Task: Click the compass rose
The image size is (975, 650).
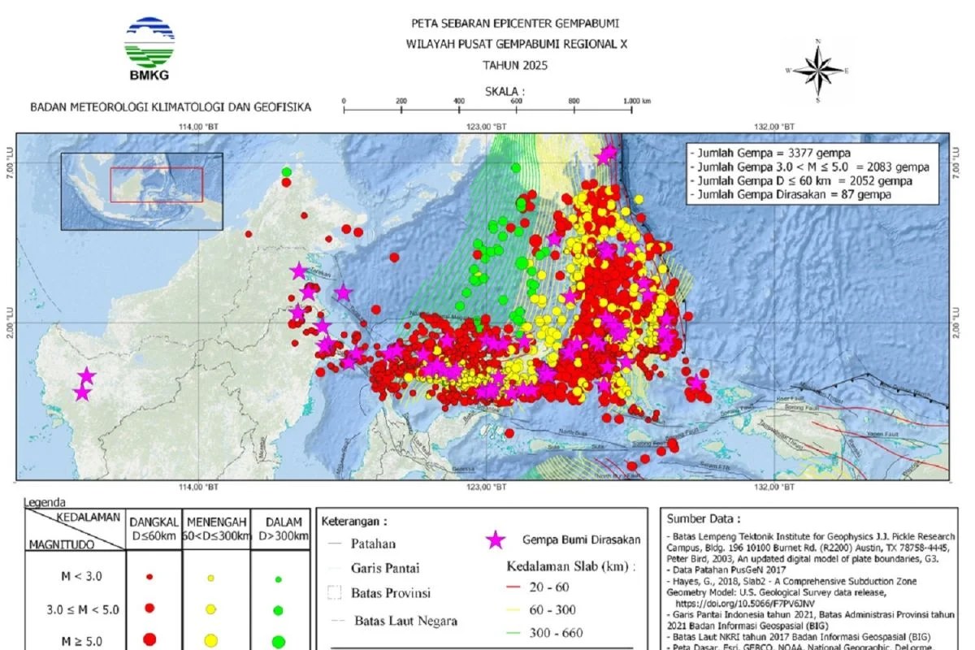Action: tap(818, 71)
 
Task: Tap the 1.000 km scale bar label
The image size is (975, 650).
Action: tap(636, 101)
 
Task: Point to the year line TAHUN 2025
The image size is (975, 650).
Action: tap(515, 66)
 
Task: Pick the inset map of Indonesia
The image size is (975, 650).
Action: tap(141, 191)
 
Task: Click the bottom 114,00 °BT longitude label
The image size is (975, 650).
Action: tap(200, 487)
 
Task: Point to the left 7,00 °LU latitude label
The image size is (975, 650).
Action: tap(11, 171)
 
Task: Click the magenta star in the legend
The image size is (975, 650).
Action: tap(494, 540)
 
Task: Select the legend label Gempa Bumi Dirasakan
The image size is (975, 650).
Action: tap(581, 540)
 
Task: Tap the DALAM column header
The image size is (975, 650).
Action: tap(279, 528)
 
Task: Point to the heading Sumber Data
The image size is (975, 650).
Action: tap(703, 519)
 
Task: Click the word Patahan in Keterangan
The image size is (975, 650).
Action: tap(374, 544)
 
